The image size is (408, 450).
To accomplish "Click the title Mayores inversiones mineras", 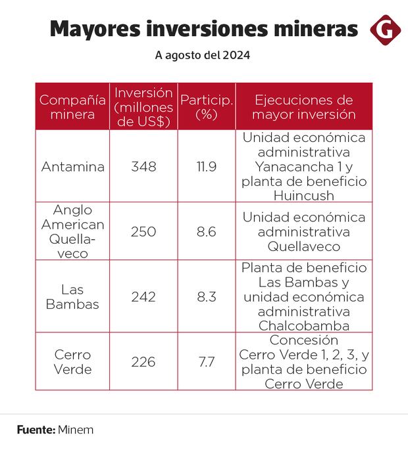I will tap(204, 30).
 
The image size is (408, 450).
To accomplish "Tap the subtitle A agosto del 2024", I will tap(203, 56).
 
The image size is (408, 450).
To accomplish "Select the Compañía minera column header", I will tap(72, 107).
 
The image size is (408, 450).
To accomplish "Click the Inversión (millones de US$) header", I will tap(143, 107).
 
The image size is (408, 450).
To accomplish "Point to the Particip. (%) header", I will tap(207, 107).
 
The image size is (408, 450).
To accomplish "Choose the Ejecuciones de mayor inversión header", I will tap(304, 107).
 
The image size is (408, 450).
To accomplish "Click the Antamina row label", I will tap(72, 166).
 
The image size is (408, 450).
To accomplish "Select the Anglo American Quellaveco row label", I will tap(72, 231).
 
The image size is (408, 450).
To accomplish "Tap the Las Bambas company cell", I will tap(72, 297).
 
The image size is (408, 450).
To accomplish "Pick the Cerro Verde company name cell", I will tap(72, 362).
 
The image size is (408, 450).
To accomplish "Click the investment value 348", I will tap(143, 166).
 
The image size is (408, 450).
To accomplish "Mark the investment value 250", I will tap(143, 231).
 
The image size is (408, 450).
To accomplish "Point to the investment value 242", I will tap(143, 297).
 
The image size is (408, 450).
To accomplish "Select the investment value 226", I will tap(143, 362).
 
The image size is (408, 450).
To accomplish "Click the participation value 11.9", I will tap(207, 166).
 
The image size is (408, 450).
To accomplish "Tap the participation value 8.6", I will tap(207, 231).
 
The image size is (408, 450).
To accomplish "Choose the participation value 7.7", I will tap(207, 362).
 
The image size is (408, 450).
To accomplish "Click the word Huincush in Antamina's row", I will tap(304, 195).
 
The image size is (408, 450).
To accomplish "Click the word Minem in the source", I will tap(76, 430).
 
